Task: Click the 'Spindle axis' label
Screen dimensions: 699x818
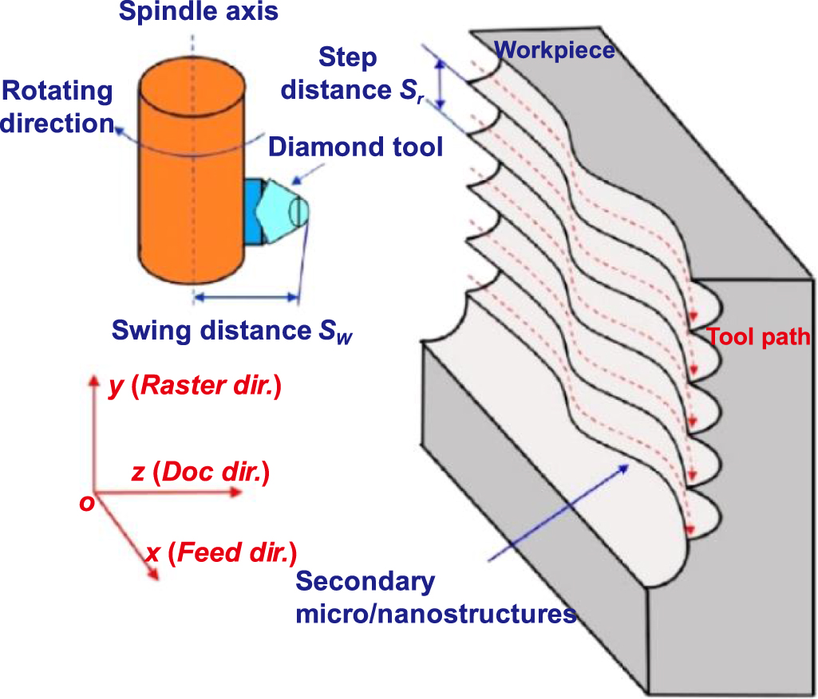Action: pyautogui.click(x=198, y=13)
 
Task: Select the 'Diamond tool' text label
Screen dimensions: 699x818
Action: pyautogui.click(x=355, y=147)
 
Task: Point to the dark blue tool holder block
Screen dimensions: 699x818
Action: pyautogui.click(x=253, y=211)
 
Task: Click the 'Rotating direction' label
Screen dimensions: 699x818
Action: pyautogui.click(x=57, y=107)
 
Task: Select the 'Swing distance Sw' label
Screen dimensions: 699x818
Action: pyautogui.click(x=231, y=330)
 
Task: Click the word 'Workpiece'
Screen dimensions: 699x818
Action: pyautogui.click(x=555, y=50)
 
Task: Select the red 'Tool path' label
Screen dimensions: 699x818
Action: pyautogui.click(x=758, y=337)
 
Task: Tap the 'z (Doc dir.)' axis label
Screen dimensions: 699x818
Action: pyautogui.click(x=200, y=473)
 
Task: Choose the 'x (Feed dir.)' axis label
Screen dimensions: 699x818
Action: pyautogui.click(x=221, y=552)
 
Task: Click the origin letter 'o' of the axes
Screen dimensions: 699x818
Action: pyautogui.click(x=86, y=502)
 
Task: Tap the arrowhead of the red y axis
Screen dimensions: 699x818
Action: pyautogui.click(x=93, y=379)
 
